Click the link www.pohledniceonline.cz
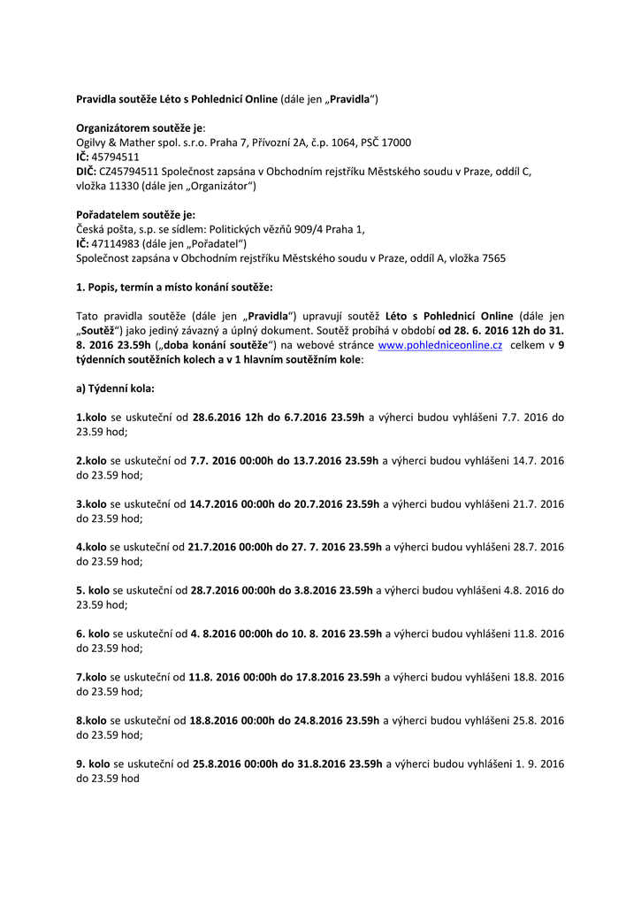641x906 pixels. (x=440, y=346)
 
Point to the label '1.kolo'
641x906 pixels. (x=91, y=417)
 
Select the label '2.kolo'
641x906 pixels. (x=91, y=460)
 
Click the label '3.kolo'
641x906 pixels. (x=91, y=503)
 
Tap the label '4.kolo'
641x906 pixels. (x=91, y=547)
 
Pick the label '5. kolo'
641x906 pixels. (x=93, y=590)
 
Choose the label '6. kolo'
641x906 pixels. (x=93, y=633)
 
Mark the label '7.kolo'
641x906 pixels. (x=91, y=677)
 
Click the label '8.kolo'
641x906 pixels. (x=91, y=720)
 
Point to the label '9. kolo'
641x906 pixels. (x=93, y=764)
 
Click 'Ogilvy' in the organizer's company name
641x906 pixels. (x=93, y=142)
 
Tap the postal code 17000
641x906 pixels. (x=393, y=142)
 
